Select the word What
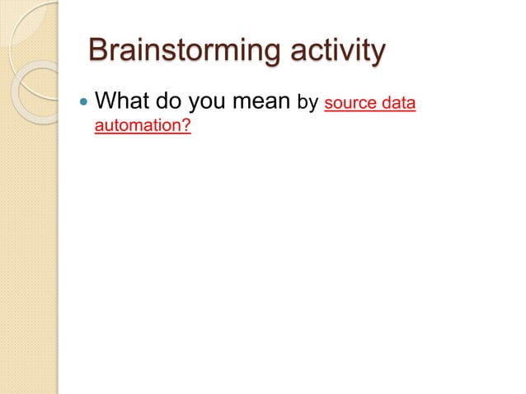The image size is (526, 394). (x=124, y=103)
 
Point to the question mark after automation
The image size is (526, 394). (x=186, y=129)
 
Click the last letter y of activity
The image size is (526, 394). (x=377, y=54)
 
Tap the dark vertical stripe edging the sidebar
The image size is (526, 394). (x=58, y=247)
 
